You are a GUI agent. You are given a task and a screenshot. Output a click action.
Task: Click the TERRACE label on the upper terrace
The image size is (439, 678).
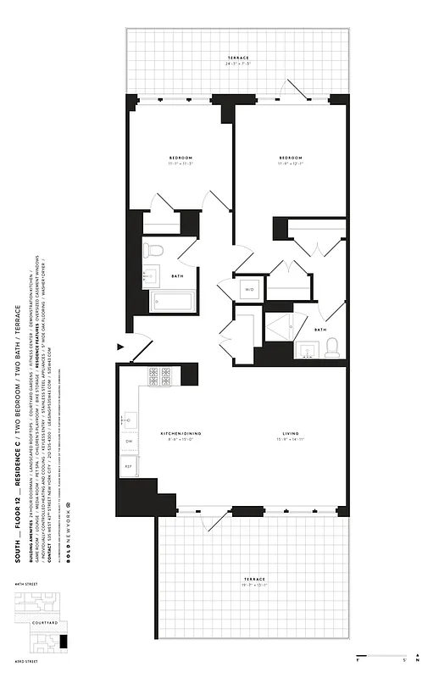(x=237, y=58)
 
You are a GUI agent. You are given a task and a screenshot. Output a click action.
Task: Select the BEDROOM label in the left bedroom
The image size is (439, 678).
(x=181, y=158)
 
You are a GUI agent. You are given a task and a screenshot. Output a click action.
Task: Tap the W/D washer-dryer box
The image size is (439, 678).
(x=250, y=290)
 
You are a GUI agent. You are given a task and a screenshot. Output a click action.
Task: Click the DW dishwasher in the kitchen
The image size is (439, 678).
(x=129, y=442)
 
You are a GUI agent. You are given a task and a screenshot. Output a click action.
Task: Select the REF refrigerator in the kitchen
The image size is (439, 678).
(x=129, y=466)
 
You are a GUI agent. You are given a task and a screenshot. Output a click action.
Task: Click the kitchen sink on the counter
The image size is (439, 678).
(x=129, y=419)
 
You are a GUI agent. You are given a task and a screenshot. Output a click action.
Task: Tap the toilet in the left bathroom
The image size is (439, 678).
(x=153, y=250)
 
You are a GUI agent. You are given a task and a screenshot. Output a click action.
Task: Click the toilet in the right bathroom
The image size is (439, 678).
(x=331, y=346)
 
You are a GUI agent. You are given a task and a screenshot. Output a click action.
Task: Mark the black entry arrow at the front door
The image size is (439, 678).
(x=120, y=345)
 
